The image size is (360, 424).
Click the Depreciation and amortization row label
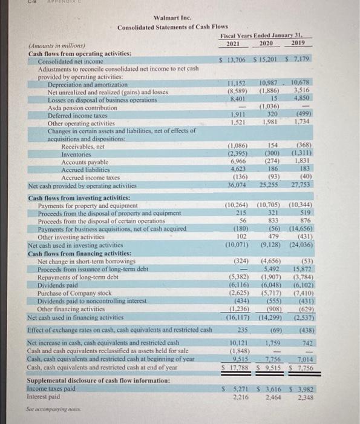pos(78,84)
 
